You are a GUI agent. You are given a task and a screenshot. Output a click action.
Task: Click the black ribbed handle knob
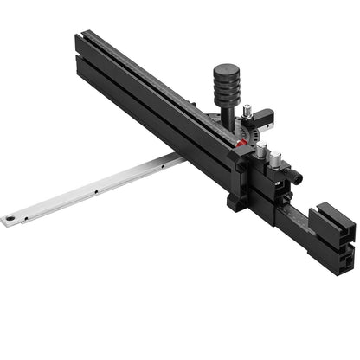coord(223,84)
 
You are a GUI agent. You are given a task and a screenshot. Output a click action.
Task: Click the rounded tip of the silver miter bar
coord(7,221)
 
